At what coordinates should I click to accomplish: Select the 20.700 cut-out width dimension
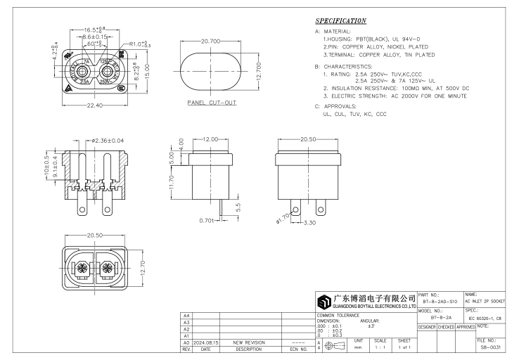[x=212, y=44]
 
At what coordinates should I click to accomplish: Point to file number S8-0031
[x=496, y=347]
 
